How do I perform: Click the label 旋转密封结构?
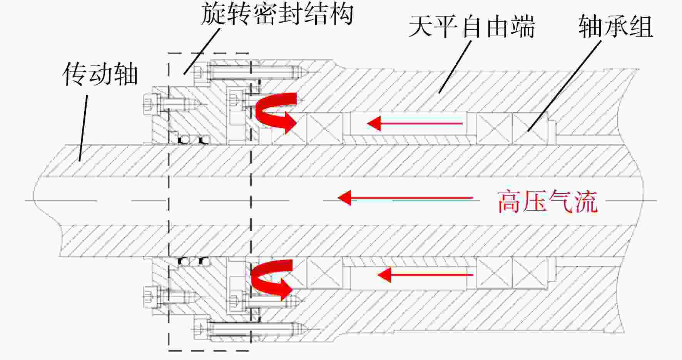click(x=277, y=14)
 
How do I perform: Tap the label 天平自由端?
click(x=472, y=27)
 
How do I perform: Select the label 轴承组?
click(x=615, y=26)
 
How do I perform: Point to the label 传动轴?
click(x=100, y=74)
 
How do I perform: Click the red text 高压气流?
click(x=548, y=201)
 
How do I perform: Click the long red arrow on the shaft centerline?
click(x=405, y=198)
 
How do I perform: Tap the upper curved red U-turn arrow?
click(x=276, y=112)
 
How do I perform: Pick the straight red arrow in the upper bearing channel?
click(x=415, y=124)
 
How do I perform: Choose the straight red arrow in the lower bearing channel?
click(x=425, y=275)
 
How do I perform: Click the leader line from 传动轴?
click(x=84, y=128)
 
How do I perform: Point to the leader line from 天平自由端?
click(x=455, y=67)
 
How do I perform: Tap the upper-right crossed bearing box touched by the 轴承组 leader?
click(x=530, y=129)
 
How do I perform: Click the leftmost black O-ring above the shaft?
click(x=184, y=140)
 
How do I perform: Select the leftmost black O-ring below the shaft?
click(x=184, y=261)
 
